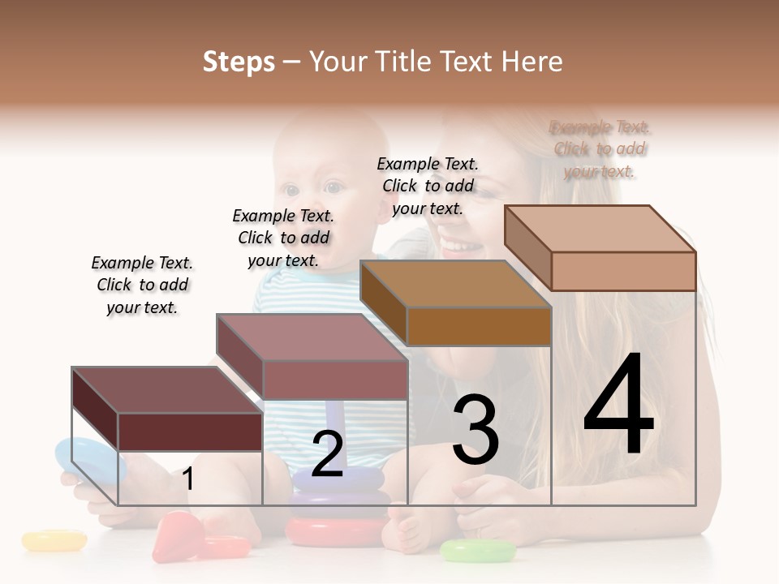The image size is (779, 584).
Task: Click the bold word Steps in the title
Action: (239, 62)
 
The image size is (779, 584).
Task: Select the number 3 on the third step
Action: (476, 430)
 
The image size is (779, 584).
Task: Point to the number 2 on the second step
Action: (327, 454)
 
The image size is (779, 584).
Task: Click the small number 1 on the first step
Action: (188, 479)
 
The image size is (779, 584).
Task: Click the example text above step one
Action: (142, 285)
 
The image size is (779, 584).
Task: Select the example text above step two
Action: (283, 238)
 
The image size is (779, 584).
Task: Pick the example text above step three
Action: (428, 186)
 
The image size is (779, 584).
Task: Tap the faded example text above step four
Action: (600, 148)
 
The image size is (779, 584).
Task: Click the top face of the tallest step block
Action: (599, 228)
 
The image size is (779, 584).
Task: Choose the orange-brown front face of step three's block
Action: (479, 326)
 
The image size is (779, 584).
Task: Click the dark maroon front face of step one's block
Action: (190, 432)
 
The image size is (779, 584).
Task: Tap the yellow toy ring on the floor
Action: (54, 540)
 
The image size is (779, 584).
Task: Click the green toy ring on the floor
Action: (478, 552)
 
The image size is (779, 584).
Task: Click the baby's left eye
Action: (334, 188)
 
